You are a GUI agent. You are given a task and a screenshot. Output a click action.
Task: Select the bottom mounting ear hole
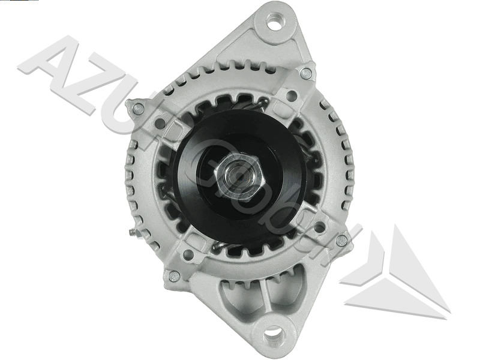(272, 332)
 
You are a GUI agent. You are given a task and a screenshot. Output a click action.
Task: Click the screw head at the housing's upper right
(306, 73)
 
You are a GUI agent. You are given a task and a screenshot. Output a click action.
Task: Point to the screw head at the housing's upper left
(138, 109)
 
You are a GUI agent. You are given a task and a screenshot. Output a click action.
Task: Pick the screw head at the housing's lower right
(341, 240)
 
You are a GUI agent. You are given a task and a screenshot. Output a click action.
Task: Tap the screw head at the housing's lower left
(174, 276)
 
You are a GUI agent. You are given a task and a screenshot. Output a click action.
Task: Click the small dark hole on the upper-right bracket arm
(292, 95)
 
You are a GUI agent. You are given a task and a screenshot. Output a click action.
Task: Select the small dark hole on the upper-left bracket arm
(161, 124)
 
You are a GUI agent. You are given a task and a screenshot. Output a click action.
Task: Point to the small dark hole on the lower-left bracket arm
(188, 254)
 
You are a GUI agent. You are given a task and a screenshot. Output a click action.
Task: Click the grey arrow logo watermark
(396, 270)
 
